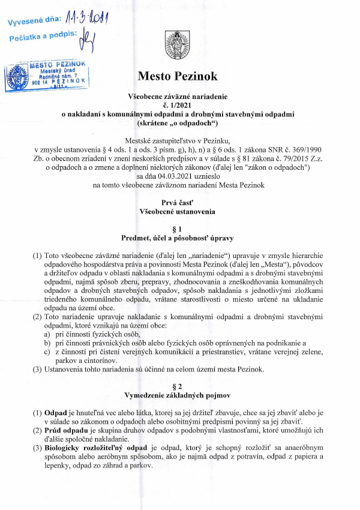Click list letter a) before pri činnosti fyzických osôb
tap(47, 333)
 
